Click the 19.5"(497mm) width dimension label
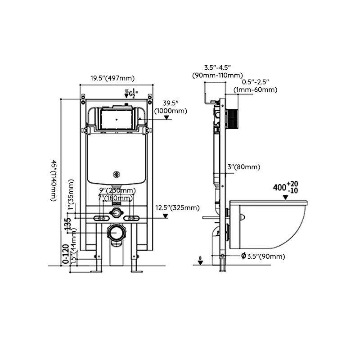(x=112, y=78)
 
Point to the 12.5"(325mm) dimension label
(x=177, y=207)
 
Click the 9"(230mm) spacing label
(x=117, y=190)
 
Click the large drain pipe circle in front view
(x=117, y=233)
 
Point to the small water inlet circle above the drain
(x=117, y=211)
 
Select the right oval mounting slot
(x=132, y=218)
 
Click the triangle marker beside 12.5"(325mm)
(x=166, y=216)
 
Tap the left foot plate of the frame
(x=95, y=271)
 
